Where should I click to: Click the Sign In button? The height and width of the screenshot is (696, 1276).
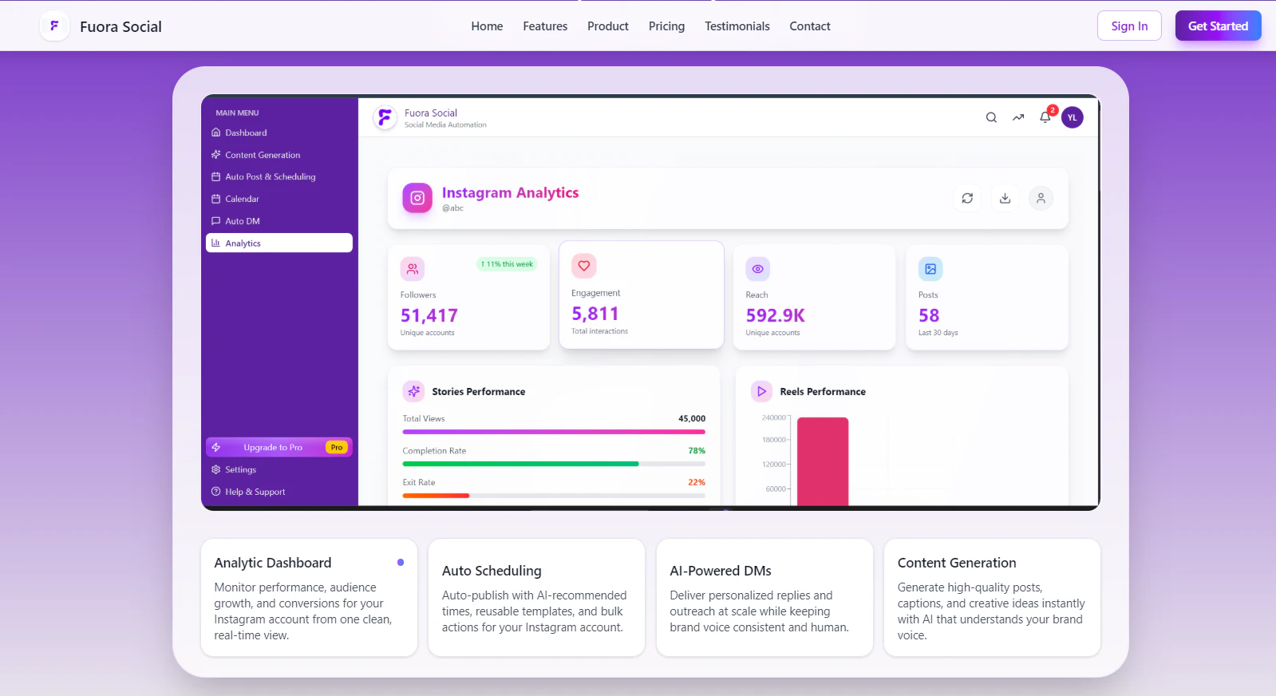(x=1129, y=26)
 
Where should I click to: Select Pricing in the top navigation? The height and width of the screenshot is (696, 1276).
(x=666, y=26)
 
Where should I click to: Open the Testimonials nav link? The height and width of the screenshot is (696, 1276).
(x=737, y=26)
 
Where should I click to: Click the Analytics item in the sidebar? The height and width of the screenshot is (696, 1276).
(x=279, y=243)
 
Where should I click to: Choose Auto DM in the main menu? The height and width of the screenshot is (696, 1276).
(x=243, y=221)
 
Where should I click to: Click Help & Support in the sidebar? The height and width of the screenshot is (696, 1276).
(x=255, y=492)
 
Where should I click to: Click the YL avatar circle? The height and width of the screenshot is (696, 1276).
(x=1073, y=117)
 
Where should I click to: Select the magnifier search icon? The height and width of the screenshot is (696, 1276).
(x=991, y=117)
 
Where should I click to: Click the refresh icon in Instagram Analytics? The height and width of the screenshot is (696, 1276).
(x=967, y=198)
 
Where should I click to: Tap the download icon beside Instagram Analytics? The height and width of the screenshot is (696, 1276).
(x=1005, y=198)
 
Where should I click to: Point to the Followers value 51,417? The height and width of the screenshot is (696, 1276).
(x=429, y=315)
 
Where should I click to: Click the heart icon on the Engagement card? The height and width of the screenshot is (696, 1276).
(x=584, y=266)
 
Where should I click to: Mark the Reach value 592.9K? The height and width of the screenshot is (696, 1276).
(x=775, y=315)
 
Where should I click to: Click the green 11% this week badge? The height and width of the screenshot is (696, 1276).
(x=507, y=264)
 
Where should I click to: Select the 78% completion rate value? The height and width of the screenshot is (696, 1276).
(x=697, y=451)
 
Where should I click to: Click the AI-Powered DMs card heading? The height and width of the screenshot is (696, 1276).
(x=720, y=571)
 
